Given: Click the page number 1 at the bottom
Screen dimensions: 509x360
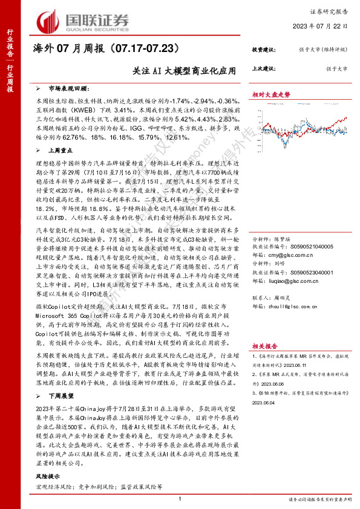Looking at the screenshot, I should click(180, 498).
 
